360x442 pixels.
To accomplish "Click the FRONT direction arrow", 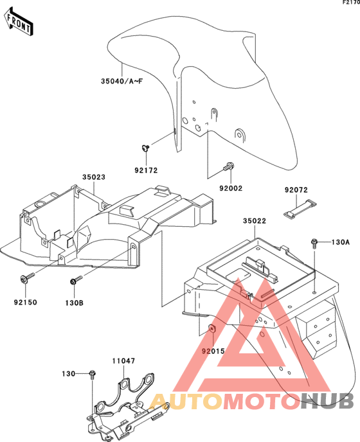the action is (19, 22).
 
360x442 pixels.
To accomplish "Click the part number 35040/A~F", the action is (122, 81).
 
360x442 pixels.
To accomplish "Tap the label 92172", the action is (146, 170).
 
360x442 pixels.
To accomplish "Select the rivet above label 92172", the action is (145, 147).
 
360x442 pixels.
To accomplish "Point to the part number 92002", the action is (231, 188).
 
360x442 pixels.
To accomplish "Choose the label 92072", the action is (296, 190).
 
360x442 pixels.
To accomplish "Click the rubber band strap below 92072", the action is (300, 209).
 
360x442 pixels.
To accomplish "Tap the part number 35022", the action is (255, 221).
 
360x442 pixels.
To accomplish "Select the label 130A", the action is (341, 242).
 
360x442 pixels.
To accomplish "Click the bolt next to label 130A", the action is (314, 243).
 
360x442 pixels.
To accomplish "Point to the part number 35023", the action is (94, 177).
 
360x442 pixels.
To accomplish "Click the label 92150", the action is (25, 302).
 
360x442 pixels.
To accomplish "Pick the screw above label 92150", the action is (28, 277).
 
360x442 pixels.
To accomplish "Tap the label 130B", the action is (74, 303).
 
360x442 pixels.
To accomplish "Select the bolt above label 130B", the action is (76, 280).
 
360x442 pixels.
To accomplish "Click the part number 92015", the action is (213, 351).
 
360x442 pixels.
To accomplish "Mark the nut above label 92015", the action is (212, 328).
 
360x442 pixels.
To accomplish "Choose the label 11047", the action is (123, 361).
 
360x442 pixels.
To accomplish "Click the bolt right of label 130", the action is (93, 375).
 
